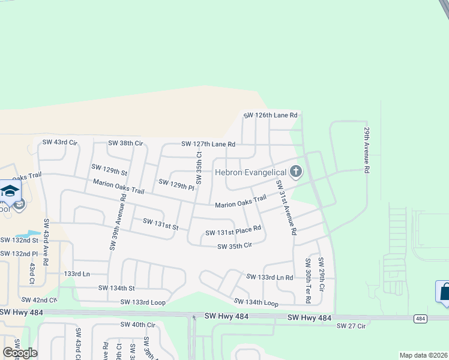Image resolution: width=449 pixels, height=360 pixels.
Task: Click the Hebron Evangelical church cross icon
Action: coord(295,172)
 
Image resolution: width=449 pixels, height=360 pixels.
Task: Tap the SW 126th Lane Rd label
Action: coord(271,115)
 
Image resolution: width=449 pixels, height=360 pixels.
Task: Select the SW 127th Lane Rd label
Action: coord(208,144)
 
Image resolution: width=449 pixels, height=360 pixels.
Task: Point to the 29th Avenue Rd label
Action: coord(366,149)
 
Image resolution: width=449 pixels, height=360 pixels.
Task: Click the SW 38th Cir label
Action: coord(125,143)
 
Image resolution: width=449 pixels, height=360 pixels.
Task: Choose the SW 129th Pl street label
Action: coord(176,182)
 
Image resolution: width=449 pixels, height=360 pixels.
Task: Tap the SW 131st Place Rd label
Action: coord(234,230)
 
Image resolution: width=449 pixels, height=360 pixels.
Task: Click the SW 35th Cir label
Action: coord(235,246)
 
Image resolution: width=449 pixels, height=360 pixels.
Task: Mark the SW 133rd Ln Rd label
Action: coord(270,277)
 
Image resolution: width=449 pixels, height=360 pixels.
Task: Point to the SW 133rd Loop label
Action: coord(143,302)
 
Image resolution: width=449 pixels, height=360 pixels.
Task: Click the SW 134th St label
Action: coord(116,288)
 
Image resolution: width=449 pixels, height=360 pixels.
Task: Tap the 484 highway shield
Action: coord(420,318)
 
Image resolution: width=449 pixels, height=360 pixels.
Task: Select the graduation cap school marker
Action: coord(10,191)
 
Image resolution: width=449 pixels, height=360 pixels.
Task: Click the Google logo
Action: coord(19,352)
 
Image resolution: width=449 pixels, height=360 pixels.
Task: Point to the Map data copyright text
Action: coord(423,355)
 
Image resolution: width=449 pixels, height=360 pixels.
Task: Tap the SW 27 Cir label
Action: coord(351,326)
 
